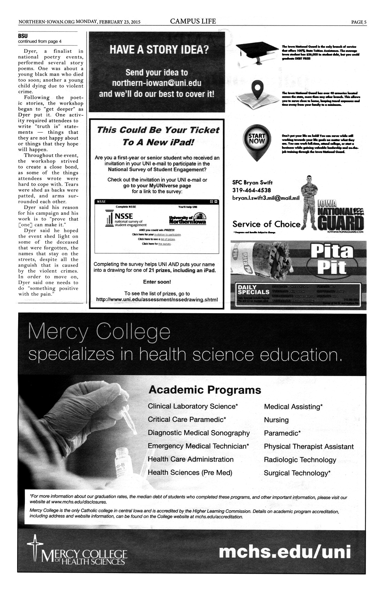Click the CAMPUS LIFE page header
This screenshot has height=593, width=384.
pyautogui.click(x=193, y=21)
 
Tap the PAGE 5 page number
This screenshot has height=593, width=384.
pyautogui.click(x=359, y=22)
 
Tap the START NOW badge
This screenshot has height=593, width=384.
pyautogui.click(x=257, y=140)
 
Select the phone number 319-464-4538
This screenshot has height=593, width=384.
pyautogui.click(x=251, y=190)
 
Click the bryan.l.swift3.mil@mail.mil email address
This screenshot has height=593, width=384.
pyautogui.click(x=266, y=198)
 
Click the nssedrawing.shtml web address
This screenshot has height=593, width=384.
pyautogui.click(x=157, y=300)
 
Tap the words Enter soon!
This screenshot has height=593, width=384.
pyautogui.click(x=157, y=282)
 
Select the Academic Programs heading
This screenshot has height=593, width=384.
pyautogui.click(x=205, y=390)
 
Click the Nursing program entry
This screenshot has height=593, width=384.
pyautogui.click(x=276, y=420)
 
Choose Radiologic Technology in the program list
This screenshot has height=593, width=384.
pyautogui.click(x=300, y=460)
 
